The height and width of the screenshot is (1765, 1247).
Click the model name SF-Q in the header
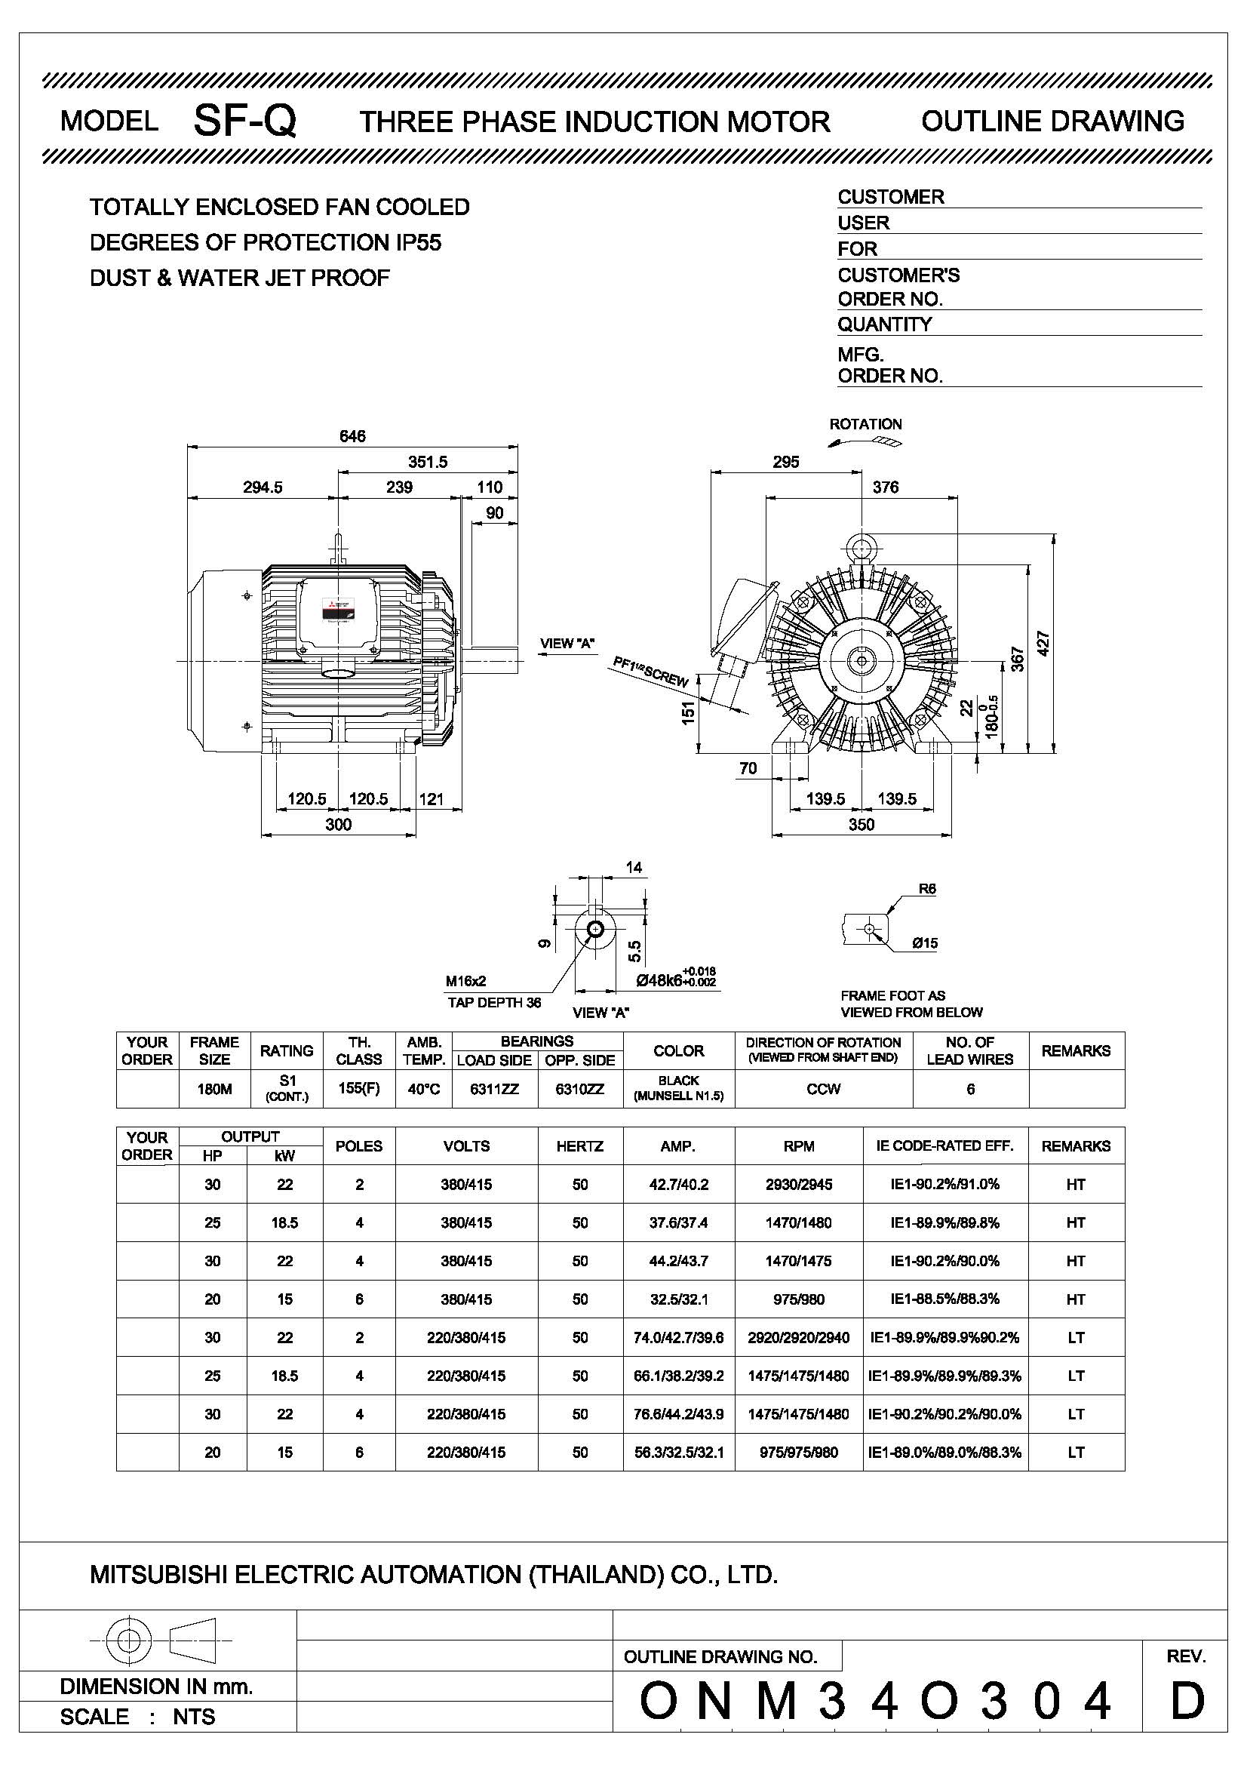click(244, 121)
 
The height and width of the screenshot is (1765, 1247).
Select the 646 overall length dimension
click(352, 436)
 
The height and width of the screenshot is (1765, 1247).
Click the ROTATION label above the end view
click(865, 424)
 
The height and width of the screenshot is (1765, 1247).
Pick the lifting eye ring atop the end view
click(862, 546)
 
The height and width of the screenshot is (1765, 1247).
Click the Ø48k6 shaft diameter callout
click(676, 980)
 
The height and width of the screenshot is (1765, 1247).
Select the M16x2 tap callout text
click(465, 981)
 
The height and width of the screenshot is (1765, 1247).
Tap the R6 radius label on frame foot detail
click(926, 889)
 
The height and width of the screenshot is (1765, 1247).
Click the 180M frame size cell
click(214, 1089)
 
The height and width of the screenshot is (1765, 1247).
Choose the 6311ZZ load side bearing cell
click(494, 1089)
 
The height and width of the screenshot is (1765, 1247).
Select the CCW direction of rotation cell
click(823, 1089)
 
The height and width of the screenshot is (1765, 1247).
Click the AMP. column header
click(677, 1146)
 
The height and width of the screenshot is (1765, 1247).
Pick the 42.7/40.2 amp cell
click(678, 1185)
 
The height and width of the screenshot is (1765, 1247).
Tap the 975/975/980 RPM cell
click(798, 1452)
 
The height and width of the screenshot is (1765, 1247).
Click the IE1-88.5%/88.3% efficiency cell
click(944, 1299)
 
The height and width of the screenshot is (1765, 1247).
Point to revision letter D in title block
click(1187, 1701)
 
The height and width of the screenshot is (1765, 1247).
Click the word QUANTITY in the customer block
click(884, 324)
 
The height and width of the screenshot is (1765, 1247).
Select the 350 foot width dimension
click(862, 824)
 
